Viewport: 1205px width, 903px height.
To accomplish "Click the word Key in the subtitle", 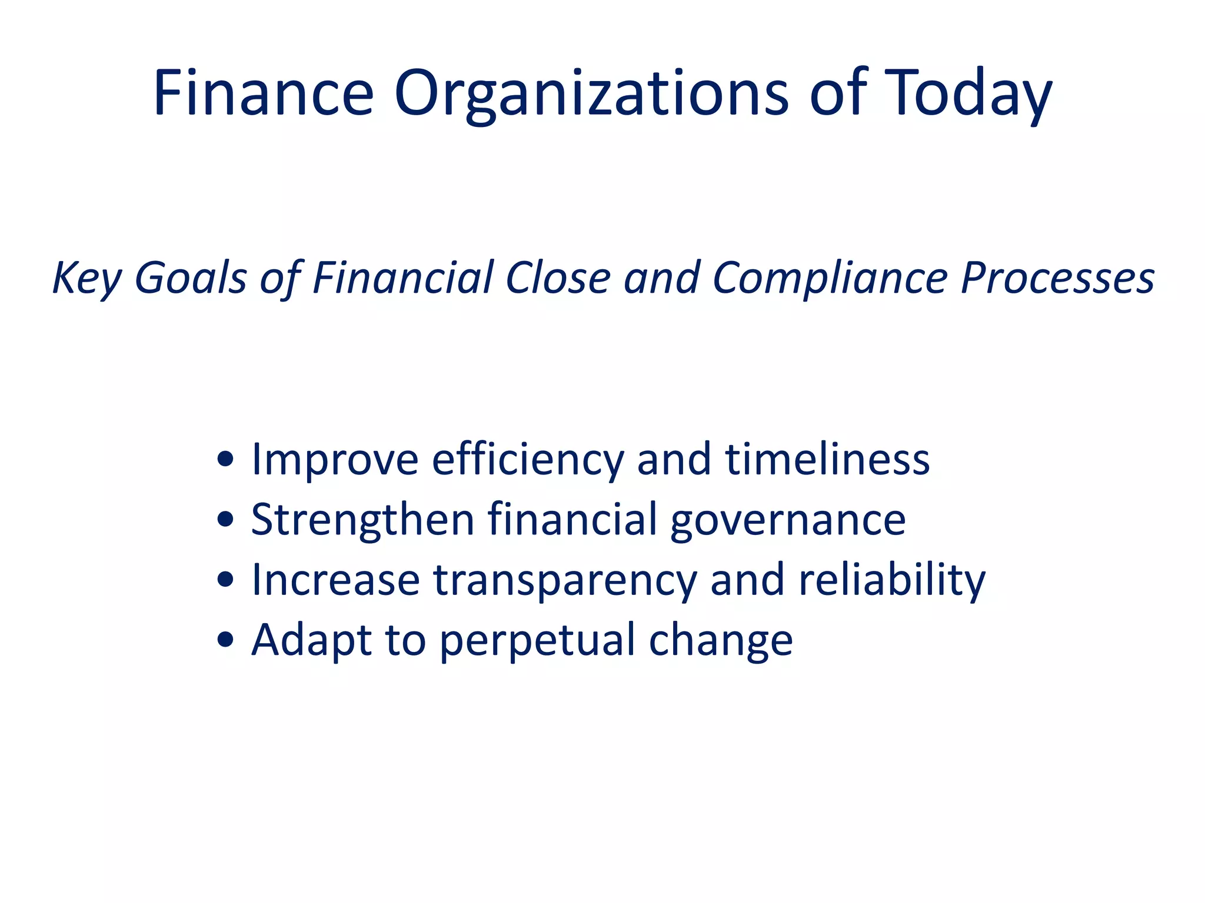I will (x=86, y=278).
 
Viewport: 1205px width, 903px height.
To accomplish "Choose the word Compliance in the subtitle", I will (x=830, y=278).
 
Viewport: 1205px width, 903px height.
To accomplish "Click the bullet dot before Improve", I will (x=225, y=459).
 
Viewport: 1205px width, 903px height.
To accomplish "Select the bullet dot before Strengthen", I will (x=225, y=520).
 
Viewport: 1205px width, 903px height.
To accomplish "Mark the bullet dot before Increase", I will (x=225, y=580).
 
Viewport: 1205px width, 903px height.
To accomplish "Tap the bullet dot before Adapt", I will (x=225, y=640).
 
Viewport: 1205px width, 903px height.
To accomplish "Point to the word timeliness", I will (x=827, y=459).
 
